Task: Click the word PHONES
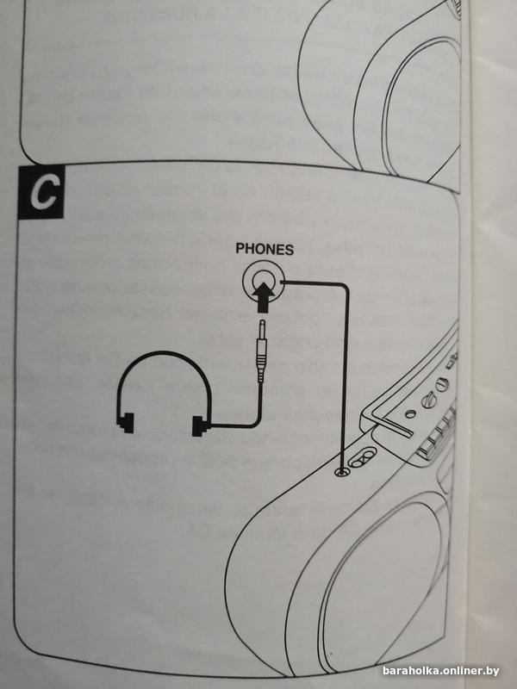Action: click(265, 250)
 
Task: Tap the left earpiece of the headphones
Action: click(123, 421)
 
